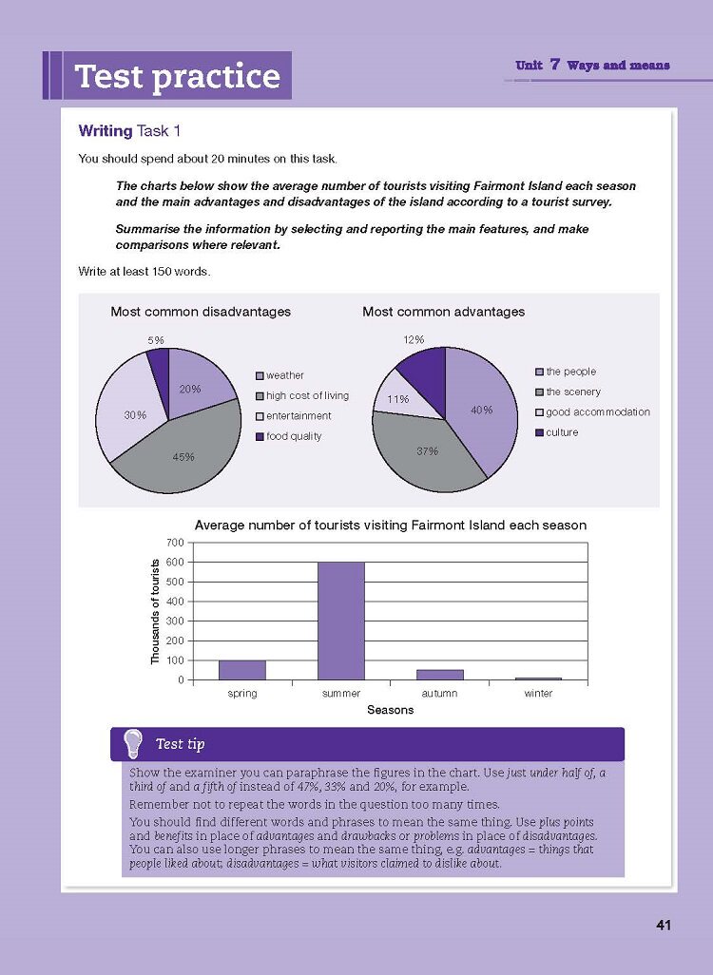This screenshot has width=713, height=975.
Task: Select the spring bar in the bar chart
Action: click(x=242, y=670)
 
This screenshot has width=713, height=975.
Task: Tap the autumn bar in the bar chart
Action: click(x=439, y=675)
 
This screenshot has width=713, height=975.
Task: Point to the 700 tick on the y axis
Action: click(x=178, y=543)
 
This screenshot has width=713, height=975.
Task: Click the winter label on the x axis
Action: click(x=538, y=694)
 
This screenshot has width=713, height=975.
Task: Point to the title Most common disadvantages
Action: click(x=201, y=312)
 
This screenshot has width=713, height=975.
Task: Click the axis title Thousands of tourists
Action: click(x=156, y=611)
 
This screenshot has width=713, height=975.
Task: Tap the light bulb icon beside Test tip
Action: click(x=133, y=742)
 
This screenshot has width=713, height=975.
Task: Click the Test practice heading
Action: click(x=177, y=76)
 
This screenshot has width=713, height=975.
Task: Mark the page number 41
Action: click(x=664, y=925)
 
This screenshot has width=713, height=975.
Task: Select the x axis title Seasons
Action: click(x=390, y=711)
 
